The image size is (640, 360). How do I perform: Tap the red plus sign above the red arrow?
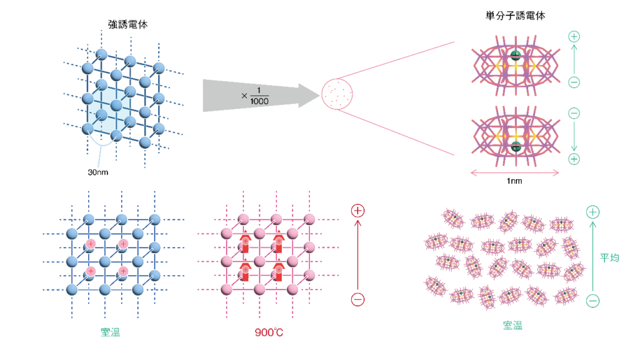[x=357, y=211]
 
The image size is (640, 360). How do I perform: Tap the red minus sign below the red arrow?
[x=357, y=299]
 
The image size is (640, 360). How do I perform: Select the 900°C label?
[x=269, y=332]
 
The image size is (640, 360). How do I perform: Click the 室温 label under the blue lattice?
[x=110, y=332]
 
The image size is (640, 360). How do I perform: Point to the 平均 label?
[x=609, y=257]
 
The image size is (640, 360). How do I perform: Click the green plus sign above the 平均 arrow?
[x=592, y=212]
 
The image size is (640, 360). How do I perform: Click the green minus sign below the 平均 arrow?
[x=592, y=301]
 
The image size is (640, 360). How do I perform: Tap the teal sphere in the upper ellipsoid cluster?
[x=515, y=54]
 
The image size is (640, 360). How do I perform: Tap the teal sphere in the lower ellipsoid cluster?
[x=515, y=147]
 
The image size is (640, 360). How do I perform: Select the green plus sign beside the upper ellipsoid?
[x=574, y=36]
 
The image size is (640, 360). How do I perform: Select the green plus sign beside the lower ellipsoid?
[x=574, y=159]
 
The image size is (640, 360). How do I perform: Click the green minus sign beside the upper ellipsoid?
[x=574, y=82]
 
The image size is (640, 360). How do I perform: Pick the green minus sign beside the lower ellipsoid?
[x=574, y=113]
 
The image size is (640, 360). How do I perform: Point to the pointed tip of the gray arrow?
[x=319, y=95]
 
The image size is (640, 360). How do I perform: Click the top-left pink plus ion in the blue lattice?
[x=91, y=243]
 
